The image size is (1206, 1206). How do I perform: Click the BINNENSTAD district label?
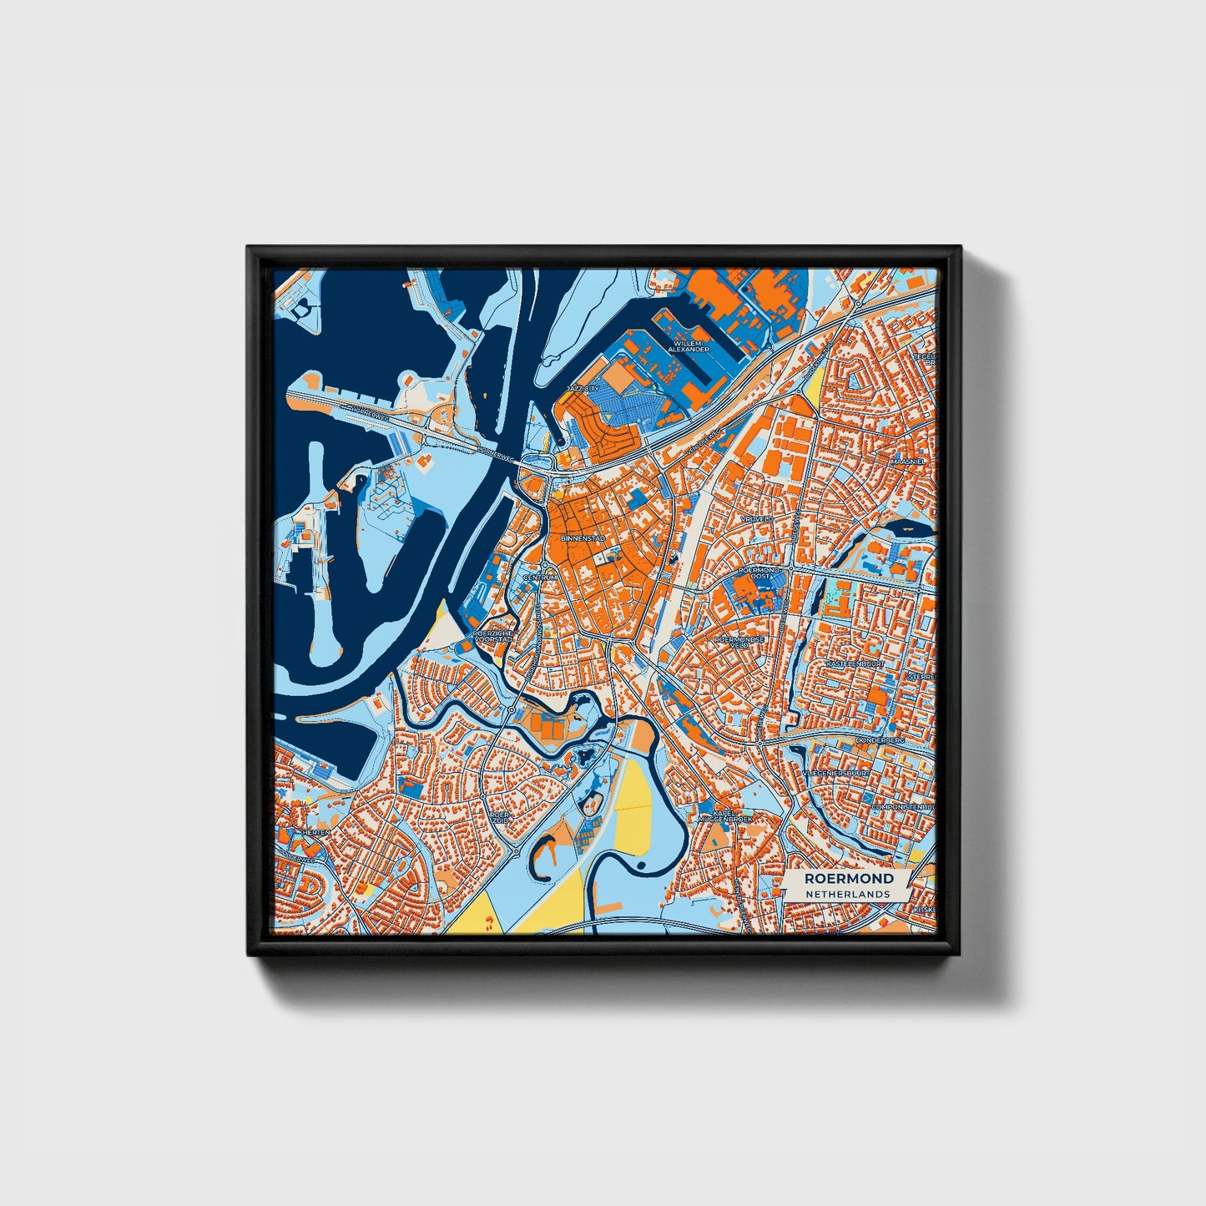point(583,539)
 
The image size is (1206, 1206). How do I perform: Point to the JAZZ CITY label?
point(582,389)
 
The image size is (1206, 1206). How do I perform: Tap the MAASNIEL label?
point(906,461)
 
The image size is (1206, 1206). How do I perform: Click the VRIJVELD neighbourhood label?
point(757,518)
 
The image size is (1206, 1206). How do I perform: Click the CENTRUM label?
point(539,577)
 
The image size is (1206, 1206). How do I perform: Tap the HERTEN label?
point(316,832)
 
